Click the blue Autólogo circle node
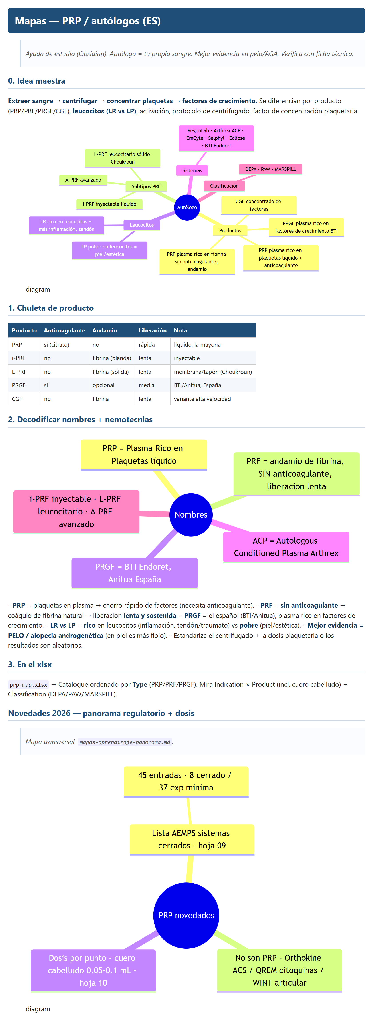tap(187, 208)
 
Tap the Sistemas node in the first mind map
tap(192, 170)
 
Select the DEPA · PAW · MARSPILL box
tap(271, 169)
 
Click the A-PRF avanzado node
tap(83, 180)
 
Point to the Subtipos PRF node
tap(146, 186)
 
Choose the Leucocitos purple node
tap(141, 225)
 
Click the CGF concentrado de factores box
tap(259, 205)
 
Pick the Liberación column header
tap(153, 330)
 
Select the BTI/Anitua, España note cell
tap(197, 385)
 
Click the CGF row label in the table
tap(17, 399)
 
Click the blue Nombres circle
tap(191, 515)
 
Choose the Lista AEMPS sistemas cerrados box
tap(192, 840)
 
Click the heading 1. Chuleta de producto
tap(51, 308)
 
